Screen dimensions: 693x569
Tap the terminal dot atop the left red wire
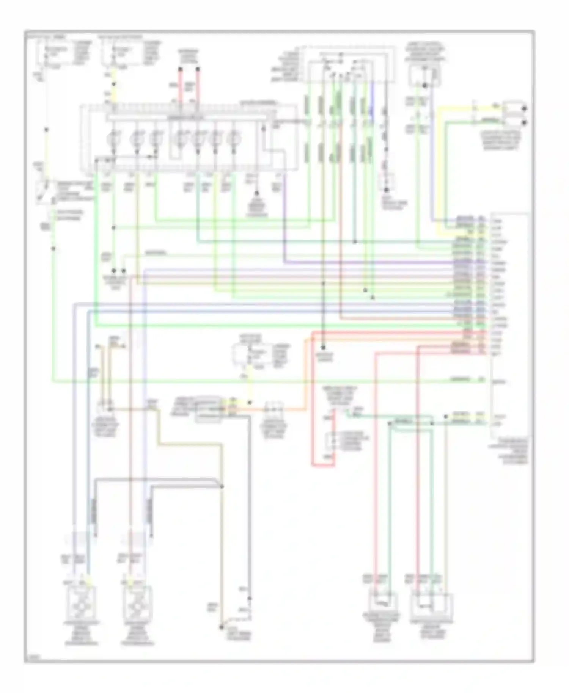click(x=181, y=69)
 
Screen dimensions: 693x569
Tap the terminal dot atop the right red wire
click(x=198, y=69)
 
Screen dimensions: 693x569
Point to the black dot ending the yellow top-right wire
click(x=524, y=109)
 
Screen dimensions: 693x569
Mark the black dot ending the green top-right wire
click(x=524, y=122)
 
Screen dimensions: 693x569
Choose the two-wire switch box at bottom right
click(x=383, y=603)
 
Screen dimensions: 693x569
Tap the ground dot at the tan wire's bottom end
click(x=221, y=627)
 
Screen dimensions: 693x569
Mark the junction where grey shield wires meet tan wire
click(x=222, y=486)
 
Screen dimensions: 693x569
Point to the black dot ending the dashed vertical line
click(x=386, y=190)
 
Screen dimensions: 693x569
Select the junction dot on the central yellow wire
click(x=249, y=403)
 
